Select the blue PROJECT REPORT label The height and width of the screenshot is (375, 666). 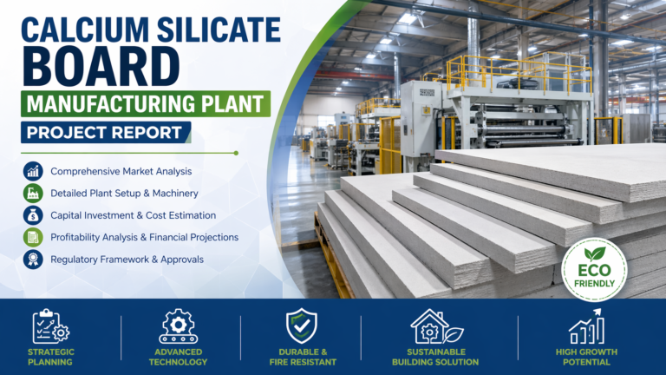coord(103,133)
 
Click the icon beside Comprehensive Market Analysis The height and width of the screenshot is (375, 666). coord(33,171)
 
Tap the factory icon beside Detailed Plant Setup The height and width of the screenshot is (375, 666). coord(33,193)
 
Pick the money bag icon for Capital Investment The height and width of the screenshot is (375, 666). coord(33,214)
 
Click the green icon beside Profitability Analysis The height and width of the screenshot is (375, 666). coord(33,236)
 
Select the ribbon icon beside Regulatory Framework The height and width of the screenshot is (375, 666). coord(33,258)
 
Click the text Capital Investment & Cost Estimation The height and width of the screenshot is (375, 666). coord(133,214)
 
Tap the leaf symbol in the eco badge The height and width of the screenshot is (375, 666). coord(595,253)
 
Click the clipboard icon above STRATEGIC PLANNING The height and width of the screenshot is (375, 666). coord(50,326)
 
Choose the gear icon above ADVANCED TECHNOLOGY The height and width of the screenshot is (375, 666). coord(178,326)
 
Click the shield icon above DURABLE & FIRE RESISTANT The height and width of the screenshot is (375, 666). coord(301,326)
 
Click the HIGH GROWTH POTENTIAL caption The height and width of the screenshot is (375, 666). coord(586,357)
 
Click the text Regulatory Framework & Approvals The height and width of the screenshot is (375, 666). coord(127,258)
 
